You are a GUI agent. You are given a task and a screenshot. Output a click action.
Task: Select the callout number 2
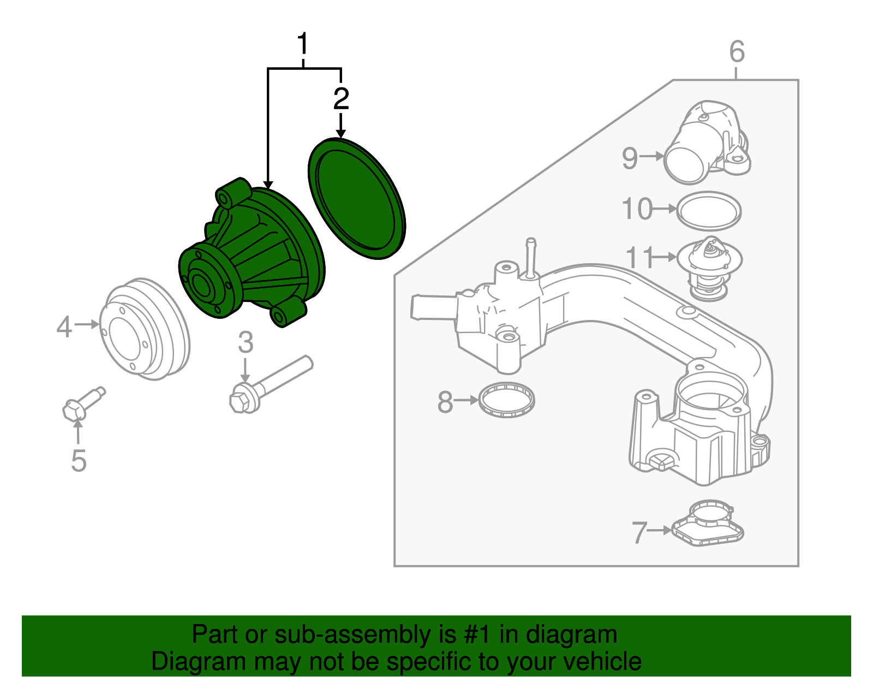[341, 99]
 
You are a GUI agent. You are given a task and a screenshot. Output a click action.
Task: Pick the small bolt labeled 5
[82, 405]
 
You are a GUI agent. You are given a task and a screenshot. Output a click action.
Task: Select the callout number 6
[737, 52]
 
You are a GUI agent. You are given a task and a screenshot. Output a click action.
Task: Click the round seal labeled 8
[506, 400]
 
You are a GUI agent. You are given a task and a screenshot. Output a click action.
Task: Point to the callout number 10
[637, 209]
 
